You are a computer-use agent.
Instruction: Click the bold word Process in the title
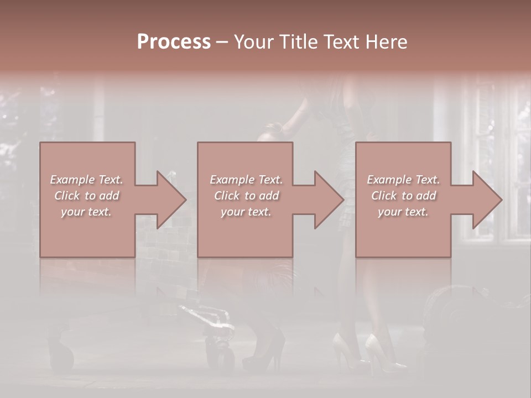pyautogui.click(x=174, y=42)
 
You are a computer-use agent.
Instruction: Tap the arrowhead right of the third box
pyautogui.click(x=486, y=200)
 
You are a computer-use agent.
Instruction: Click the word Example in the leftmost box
pyautogui.click(x=72, y=180)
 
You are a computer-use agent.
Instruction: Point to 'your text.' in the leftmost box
pyautogui.click(x=86, y=212)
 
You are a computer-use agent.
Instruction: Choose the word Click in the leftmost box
pyautogui.click(x=67, y=196)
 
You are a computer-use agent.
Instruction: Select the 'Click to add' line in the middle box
pyautogui.click(x=246, y=196)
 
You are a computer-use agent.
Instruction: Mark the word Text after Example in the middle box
pyautogui.click(x=270, y=180)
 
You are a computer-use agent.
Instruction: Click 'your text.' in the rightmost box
pyautogui.click(x=403, y=212)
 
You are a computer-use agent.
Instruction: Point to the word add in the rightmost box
pyautogui.click(x=425, y=196)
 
